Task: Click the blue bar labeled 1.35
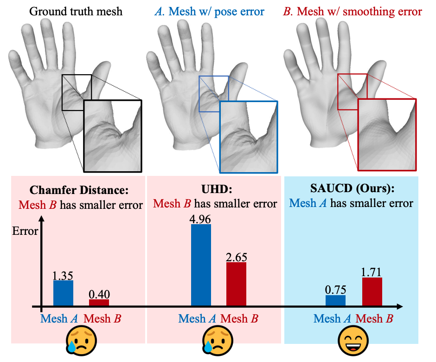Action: [63, 293]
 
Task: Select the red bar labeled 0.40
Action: [99, 303]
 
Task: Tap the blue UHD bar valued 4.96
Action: [201, 265]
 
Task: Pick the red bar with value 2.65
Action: [236, 284]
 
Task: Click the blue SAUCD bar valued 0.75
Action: [335, 300]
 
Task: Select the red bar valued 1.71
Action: [372, 291]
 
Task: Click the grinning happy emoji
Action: [353, 341]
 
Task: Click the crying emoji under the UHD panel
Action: [214, 341]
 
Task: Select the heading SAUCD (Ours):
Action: [352, 190]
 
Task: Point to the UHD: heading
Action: [214, 190]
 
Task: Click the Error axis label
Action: [26, 231]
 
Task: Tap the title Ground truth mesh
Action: [76, 11]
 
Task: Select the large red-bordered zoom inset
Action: [387, 135]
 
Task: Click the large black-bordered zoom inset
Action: [112, 136]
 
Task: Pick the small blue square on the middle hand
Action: [214, 94]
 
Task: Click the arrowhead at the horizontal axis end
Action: [399, 307]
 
